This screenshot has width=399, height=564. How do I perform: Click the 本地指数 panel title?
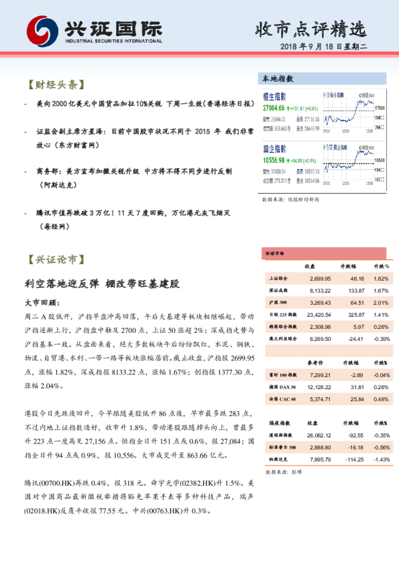click(x=278, y=79)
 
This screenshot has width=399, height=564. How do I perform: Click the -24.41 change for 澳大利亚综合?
click(x=354, y=340)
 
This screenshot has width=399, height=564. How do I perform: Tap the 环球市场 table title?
click(x=275, y=254)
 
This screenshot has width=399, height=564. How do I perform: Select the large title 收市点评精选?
click(x=312, y=29)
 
